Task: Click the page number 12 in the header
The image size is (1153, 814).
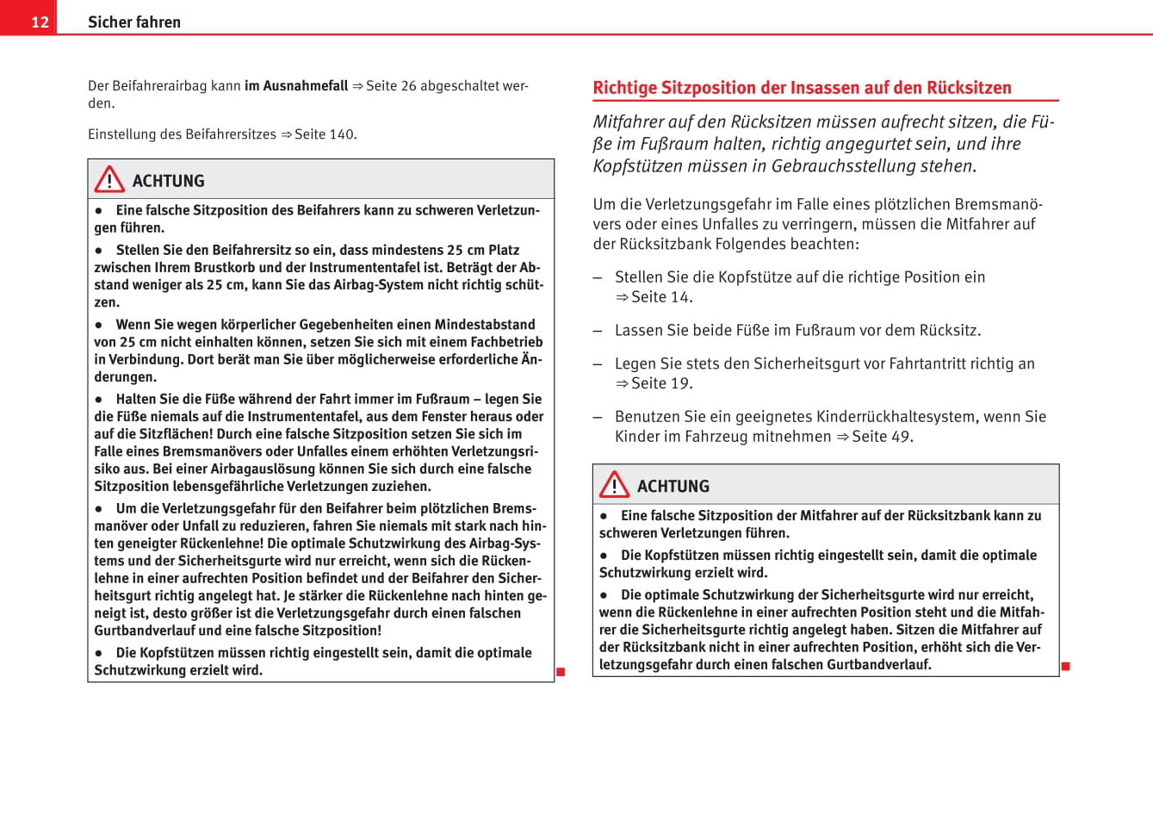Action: (x=40, y=22)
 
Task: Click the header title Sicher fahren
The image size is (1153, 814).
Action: (x=134, y=22)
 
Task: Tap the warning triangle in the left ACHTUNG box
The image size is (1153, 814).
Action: (x=109, y=179)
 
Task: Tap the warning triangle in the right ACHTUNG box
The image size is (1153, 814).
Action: (x=614, y=484)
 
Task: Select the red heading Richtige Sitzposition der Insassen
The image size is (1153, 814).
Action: (x=802, y=88)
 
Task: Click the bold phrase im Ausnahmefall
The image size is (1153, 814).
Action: (x=296, y=86)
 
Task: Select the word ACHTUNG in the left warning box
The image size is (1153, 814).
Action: (x=168, y=181)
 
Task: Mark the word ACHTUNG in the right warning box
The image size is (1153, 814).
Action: (x=673, y=487)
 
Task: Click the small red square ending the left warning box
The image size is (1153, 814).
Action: (x=561, y=672)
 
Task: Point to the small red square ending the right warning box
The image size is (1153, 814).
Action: (x=1065, y=666)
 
